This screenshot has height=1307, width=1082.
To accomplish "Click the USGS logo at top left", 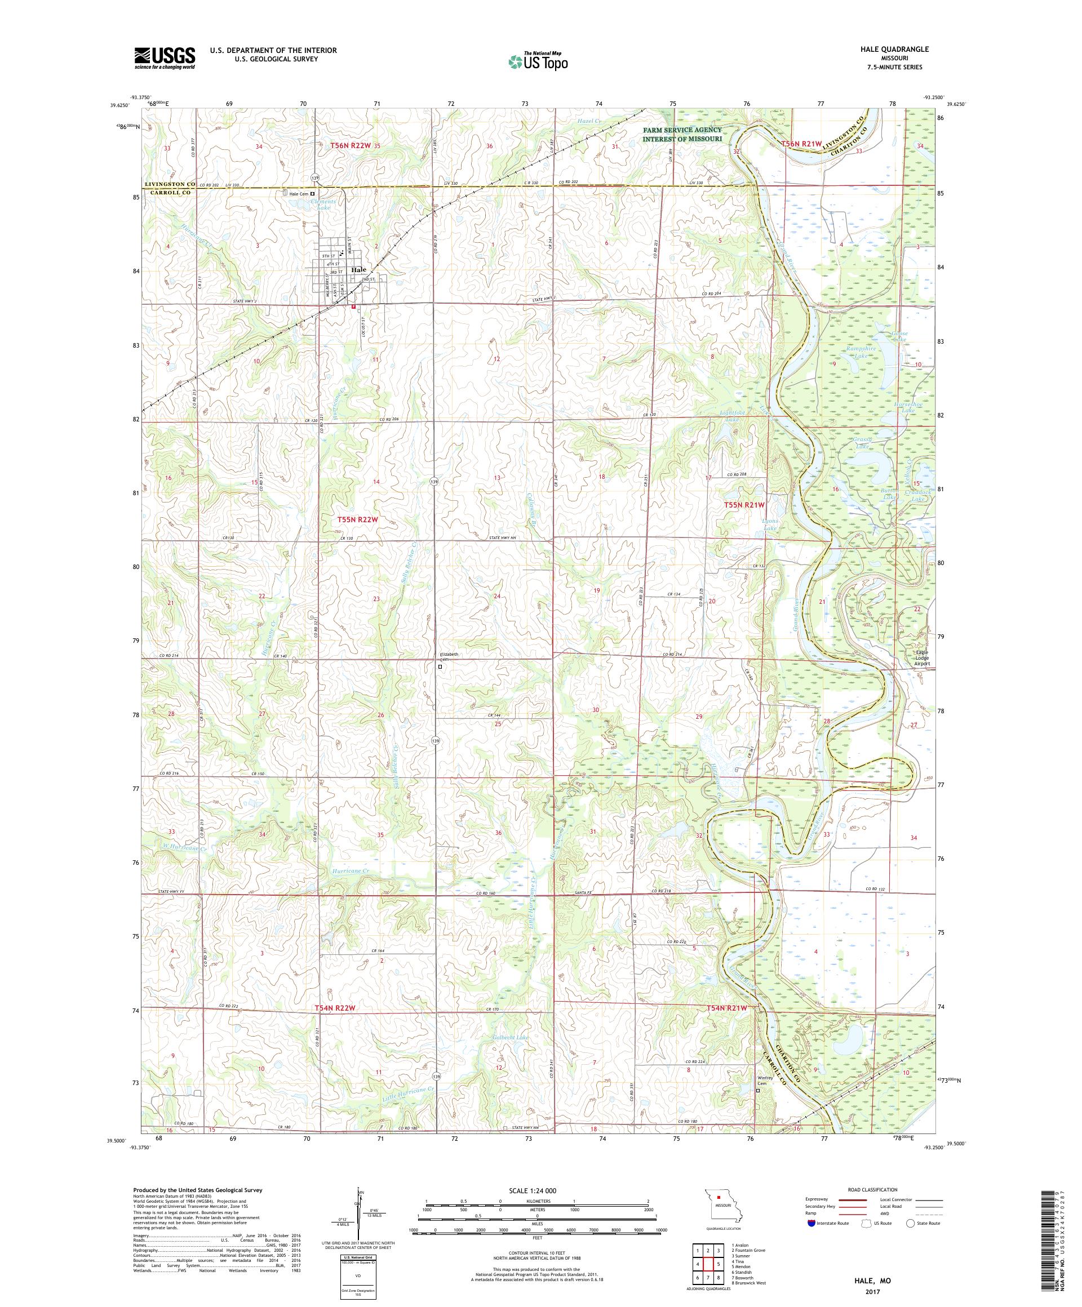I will coord(165,58).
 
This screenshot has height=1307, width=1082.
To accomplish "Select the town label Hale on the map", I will coord(358,270).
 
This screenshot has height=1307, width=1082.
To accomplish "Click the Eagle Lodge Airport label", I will coord(921,659).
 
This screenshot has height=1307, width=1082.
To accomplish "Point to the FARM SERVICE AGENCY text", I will coord(682,130).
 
